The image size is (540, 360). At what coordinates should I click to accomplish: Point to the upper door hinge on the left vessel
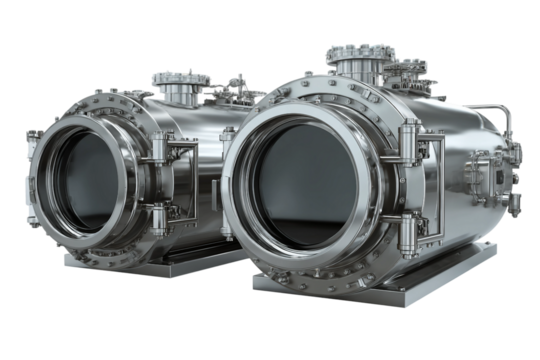161,150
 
